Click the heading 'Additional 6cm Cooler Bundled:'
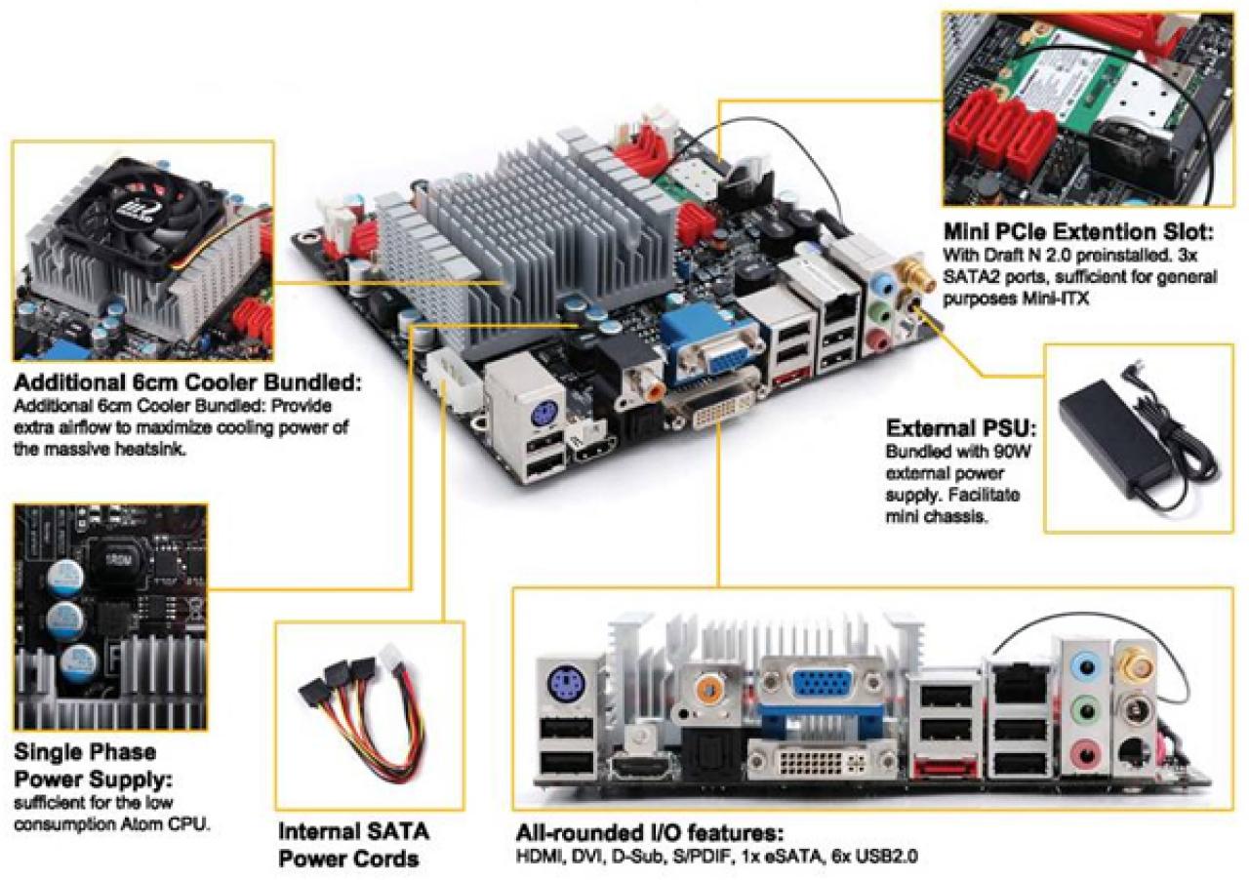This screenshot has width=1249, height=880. tap(188, 382)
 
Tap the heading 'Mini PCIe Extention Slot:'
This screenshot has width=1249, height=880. tap(1078, 231)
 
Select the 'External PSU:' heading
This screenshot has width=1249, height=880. tap(961, 428)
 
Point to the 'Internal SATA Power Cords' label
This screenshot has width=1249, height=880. tap(353, 845)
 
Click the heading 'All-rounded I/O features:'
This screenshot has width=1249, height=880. tap(650, 834)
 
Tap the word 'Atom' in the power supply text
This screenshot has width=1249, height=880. tap(143, 824)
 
